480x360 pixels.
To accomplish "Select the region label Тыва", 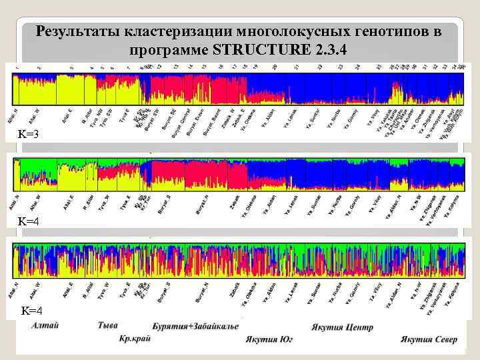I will (x=108, y=326).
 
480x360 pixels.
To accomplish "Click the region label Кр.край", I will (x=135, y=339).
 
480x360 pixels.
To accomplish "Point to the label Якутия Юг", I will (x=270, y=339).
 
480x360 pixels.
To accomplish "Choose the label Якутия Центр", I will (x=342, y=327).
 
